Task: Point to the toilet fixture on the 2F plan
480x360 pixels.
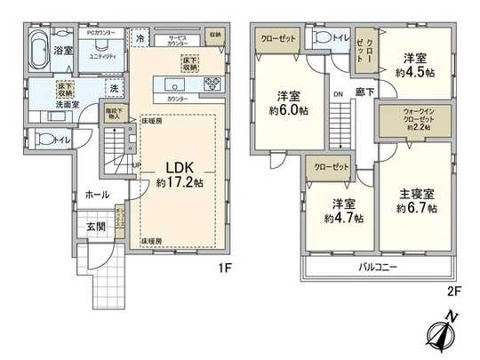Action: [318, 37]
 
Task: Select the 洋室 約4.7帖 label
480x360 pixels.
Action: [342, 211]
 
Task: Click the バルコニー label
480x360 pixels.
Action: [378, 267]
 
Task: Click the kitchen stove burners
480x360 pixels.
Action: [213, 84]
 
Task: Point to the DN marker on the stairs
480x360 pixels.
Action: [339, 92]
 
